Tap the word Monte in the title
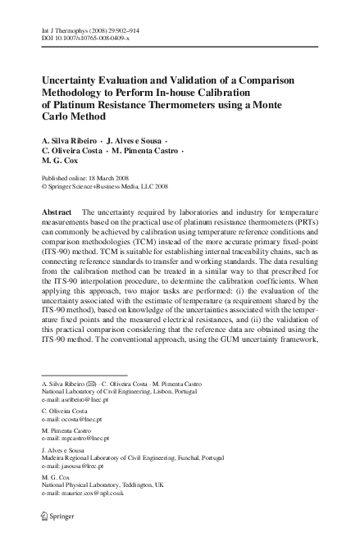pos(271,106)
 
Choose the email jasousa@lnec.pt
pos(78,489)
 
